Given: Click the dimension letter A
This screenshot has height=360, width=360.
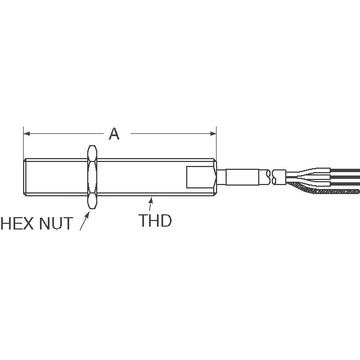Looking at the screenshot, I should pyautogui.click(x=114, y=133).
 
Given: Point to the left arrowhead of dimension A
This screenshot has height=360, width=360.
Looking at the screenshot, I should pyautogui.click(x=26, y=133).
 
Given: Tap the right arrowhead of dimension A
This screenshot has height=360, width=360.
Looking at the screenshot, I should pyautogui.click(x=213, y=133).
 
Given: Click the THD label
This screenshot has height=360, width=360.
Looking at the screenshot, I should pyautogui.click(x=155, y=220).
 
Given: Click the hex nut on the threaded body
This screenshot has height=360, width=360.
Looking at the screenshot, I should pyautogui.click(x=92, y=176).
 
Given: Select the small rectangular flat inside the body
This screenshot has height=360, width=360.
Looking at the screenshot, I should pyautogui.click(x=197, y=177).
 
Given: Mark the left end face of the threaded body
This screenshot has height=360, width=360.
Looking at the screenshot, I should pyautogui.click(x=25, y=176).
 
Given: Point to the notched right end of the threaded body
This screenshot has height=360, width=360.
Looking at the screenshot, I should pyautogui.click(x=214, y=176).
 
